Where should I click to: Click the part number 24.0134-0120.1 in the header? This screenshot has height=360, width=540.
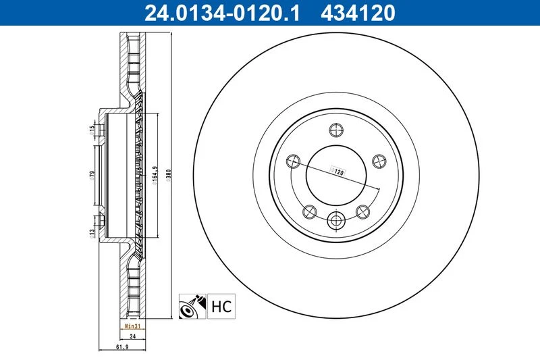[222, 13]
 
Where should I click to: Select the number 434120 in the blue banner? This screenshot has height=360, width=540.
[358, 13]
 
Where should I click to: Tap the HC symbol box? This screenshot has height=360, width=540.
[221, 306]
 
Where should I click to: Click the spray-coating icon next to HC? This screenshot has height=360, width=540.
[192, 306]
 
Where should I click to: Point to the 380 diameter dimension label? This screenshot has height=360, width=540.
[168, 176]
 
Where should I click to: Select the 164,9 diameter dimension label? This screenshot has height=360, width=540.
[155, 176]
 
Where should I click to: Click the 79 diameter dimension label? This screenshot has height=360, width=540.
[92, 175]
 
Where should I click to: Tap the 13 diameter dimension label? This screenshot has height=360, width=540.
[92, 234]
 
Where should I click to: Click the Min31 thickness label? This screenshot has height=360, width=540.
[132, 326]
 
